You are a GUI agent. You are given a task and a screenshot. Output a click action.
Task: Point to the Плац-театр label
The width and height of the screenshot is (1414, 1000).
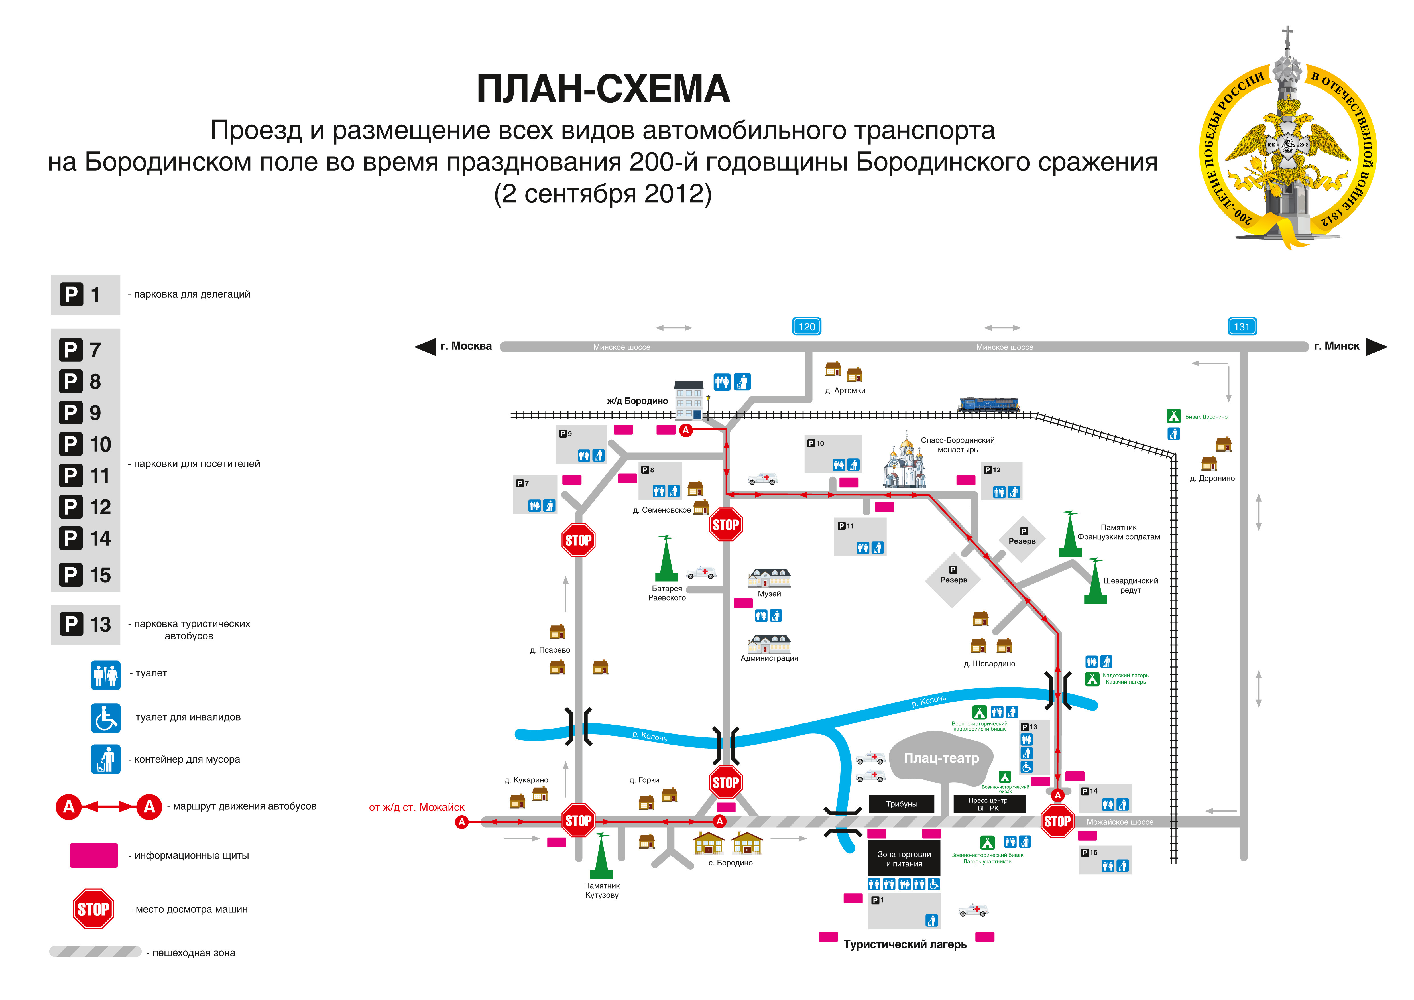pos(941,758)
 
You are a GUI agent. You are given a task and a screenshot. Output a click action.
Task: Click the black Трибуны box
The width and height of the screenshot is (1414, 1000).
pos(902,804)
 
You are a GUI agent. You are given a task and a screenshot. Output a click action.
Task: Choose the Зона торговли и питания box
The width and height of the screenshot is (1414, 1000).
pos(904,859)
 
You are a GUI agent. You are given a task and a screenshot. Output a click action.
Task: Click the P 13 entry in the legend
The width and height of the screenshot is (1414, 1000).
pos(86,624)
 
